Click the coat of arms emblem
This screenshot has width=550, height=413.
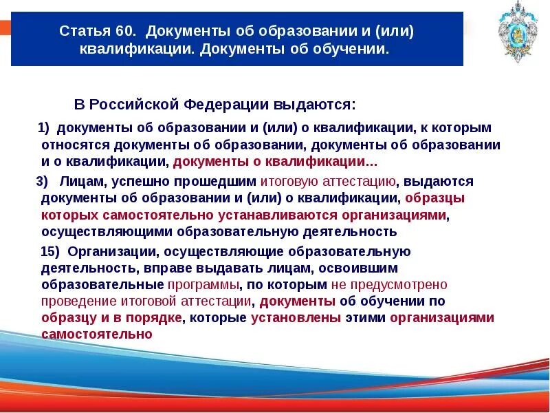pyautogui.click(x=517, y=34)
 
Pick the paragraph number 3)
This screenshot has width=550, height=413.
pyautogui.click(x=42, y=182)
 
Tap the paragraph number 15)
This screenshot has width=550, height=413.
pyautogui.click(x=49, y=251)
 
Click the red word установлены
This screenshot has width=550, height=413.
pyautogui.click(x=296, y=318)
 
